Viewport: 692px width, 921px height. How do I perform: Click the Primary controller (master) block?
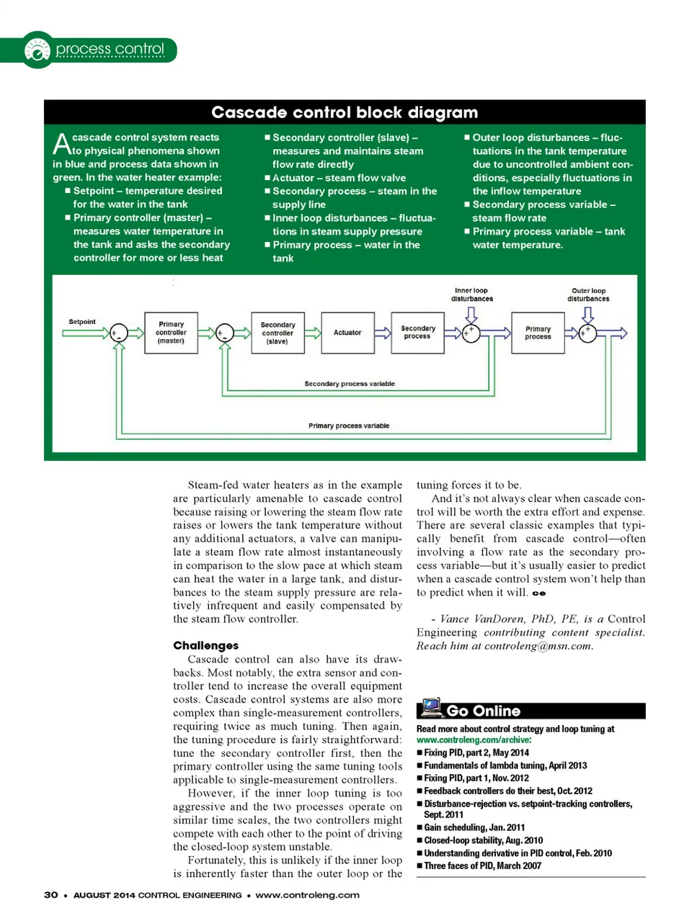point(171,333)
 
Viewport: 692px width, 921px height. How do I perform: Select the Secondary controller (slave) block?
point(278,333)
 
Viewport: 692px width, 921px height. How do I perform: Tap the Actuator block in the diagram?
point(347,333)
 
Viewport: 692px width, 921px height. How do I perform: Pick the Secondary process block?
point(417,333)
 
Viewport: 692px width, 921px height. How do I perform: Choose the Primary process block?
point(538,333)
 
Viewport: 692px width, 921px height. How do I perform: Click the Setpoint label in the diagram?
point(82,322)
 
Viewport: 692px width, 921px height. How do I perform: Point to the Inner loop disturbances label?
point(471,295)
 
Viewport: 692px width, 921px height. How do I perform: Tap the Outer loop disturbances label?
point(588,295)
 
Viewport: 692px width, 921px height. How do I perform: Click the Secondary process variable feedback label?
point(350,384)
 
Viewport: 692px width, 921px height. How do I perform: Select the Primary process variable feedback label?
point(349,426)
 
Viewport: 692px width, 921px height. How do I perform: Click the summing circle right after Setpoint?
point(118,333)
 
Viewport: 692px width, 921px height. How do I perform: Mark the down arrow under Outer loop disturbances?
point(588,314)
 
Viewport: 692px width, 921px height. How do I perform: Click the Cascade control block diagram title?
point(345,112)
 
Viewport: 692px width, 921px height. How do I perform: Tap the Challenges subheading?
point(205,645)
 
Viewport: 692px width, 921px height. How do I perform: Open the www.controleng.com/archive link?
point(474,740)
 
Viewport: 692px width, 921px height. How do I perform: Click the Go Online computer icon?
point(431,708)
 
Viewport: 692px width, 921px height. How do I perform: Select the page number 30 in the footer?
point(51,895)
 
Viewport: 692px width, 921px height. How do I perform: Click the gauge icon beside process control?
point(37,50)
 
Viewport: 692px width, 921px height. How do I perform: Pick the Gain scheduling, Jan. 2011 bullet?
point(474,827)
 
